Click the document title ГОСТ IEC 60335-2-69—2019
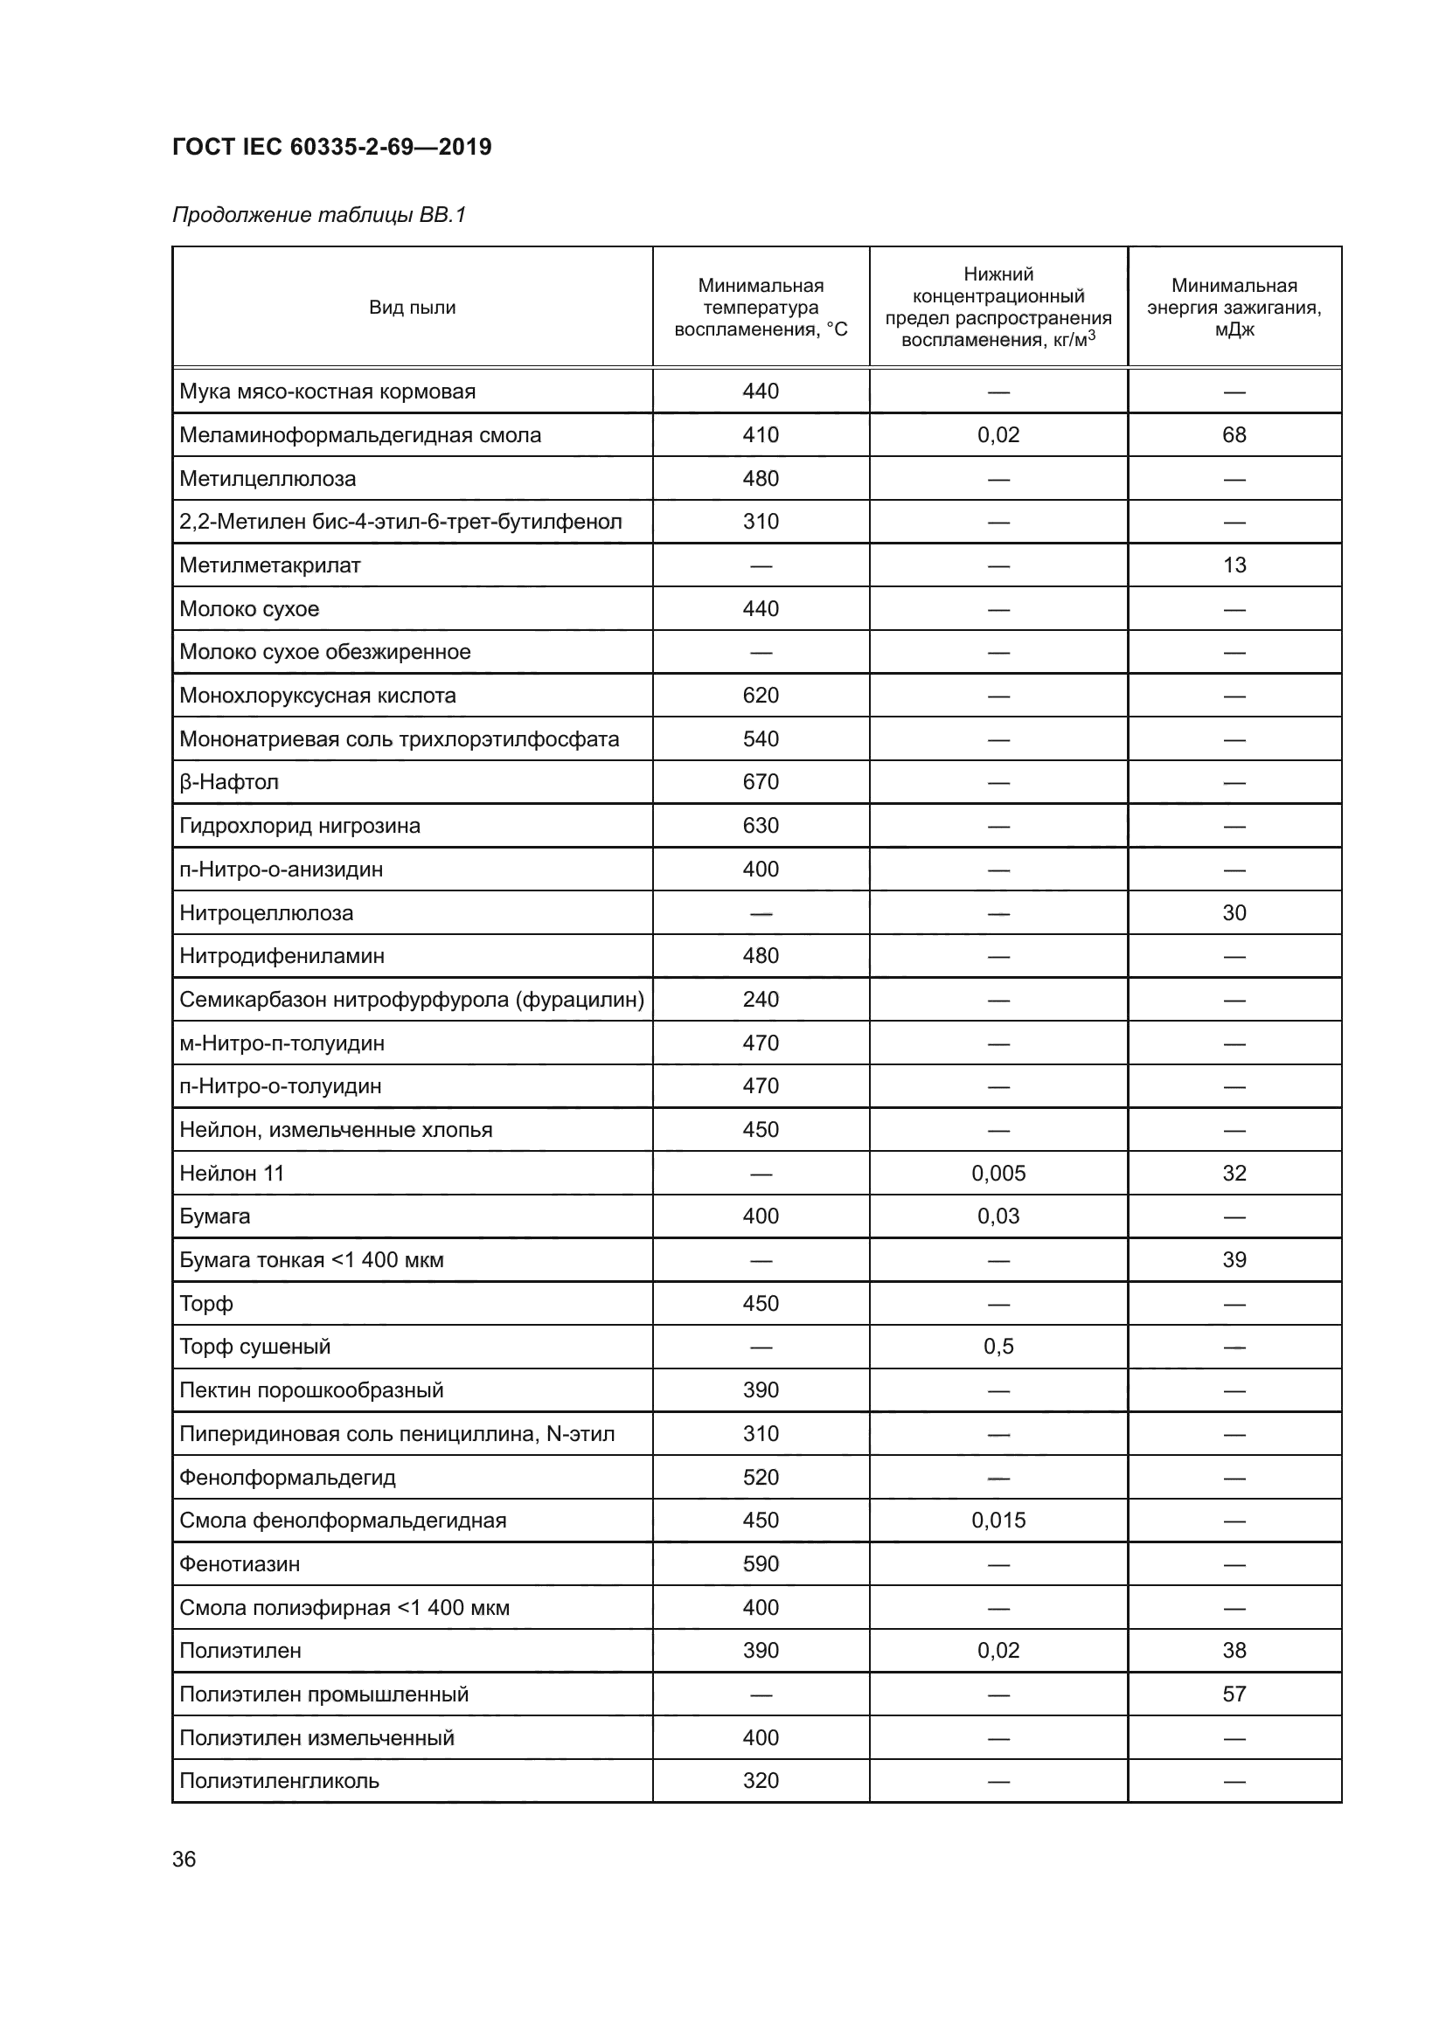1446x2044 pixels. [x=331, y=147]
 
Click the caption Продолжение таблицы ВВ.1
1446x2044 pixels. [x=319, y=215]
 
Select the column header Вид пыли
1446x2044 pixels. [x=413, y=307]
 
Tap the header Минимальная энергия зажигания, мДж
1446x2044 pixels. [x=1234, y=307]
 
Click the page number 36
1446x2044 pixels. [x=184, y=1859]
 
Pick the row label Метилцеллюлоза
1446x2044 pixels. [x=268, y=479]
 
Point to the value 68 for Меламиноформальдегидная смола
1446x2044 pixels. [x=1234, y=435]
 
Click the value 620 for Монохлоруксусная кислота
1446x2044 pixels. [x=761, y=696]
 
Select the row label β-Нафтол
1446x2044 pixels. [x=229, y=782]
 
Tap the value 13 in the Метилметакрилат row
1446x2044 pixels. [x=1234, y=565]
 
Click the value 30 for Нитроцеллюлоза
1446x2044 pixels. [x=1234, y=912]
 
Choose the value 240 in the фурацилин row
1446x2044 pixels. [x=761, y=1000]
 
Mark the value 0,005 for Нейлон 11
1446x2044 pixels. [x=998, y=1174]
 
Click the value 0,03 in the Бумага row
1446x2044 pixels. [x=998, y=1216]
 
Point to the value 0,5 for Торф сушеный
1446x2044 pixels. [x=998, y=1347]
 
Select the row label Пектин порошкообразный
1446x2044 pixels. [x=310, y=1390]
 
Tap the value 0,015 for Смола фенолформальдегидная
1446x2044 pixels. [x=998, y=1521]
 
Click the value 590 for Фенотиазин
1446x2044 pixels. [x=761, y=1564]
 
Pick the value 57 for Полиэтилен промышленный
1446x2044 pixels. [x=1234, y=1694]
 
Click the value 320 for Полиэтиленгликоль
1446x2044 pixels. [x=761, y=1780]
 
